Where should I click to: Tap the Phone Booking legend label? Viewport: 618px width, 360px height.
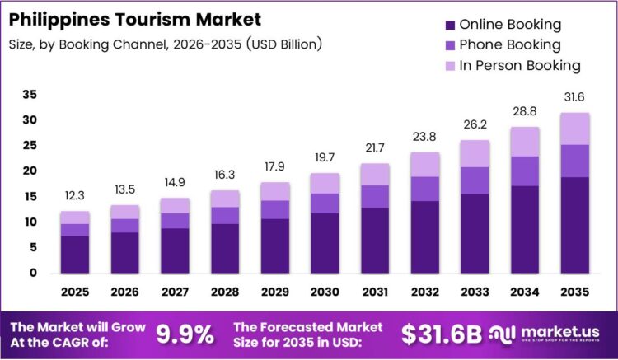point(509,44)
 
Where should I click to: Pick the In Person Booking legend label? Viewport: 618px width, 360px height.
point(519,65)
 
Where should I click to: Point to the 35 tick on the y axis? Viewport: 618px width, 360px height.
point(30,95)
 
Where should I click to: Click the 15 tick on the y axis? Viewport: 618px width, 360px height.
point(30,197)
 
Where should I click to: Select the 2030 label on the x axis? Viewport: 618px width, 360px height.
point(325,291)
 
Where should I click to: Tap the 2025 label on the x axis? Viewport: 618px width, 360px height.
point(75,291)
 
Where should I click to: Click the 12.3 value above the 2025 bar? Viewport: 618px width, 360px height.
point(75,196)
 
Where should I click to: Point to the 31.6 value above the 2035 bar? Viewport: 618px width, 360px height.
point(575,97)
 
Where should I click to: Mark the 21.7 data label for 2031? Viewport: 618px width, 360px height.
point(375,148)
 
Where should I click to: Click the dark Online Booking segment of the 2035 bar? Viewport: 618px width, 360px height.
point(575,224)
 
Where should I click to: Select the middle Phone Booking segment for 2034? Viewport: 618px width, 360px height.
point(525,171)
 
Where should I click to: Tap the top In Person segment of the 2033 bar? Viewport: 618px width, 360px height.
point(475,153)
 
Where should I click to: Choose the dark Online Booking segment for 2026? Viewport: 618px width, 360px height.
point(125,252)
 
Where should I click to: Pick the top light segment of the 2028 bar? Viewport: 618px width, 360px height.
point(225,199)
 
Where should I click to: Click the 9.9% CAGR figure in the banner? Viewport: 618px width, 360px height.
point(185,334)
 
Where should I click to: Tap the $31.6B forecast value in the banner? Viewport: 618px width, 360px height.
point(441,334)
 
